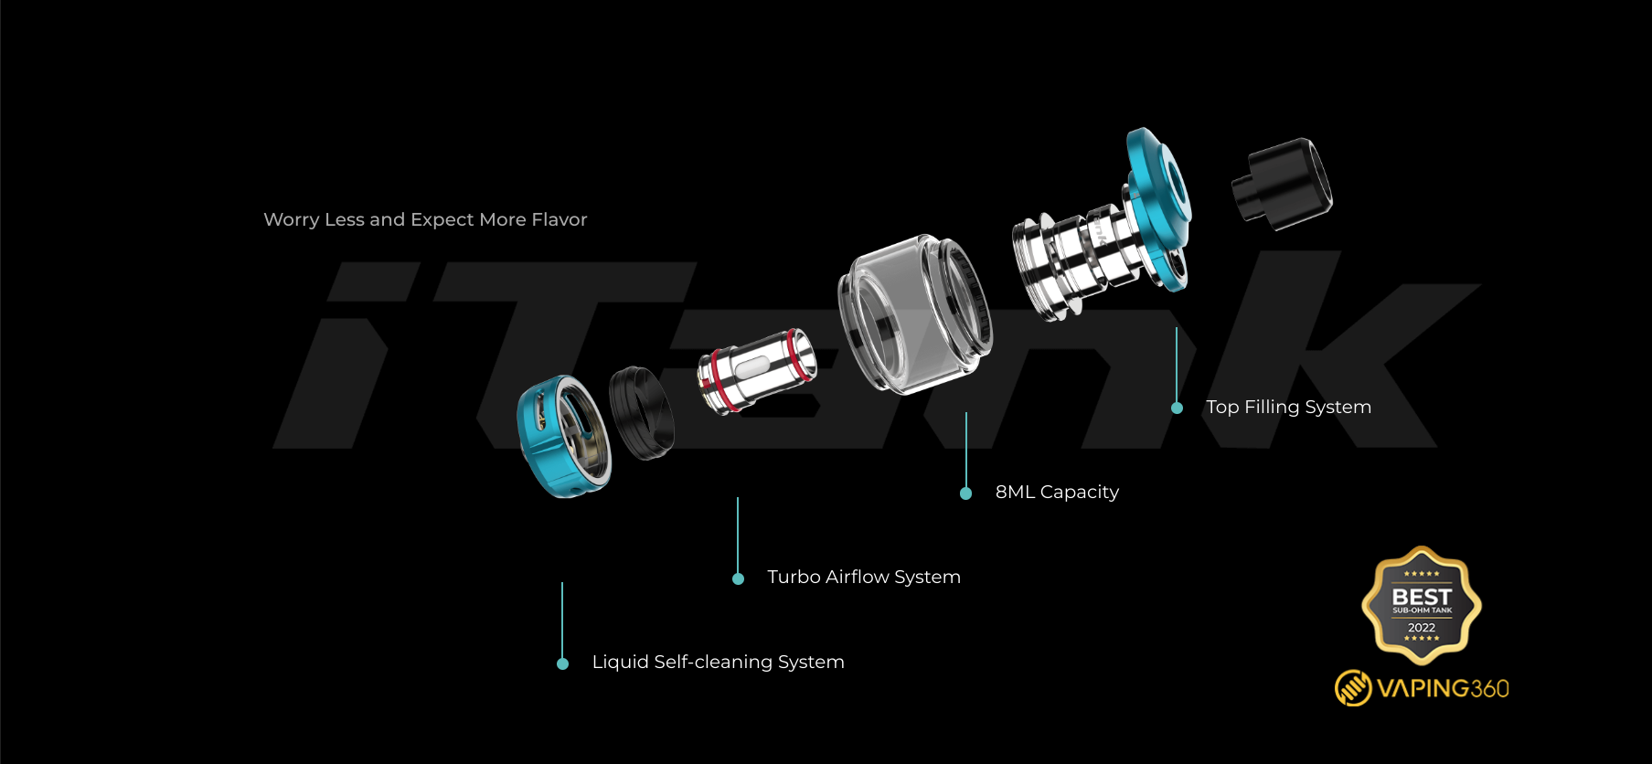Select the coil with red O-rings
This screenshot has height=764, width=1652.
pyautogui.click(x=756, y=371)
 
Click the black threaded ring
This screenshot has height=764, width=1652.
pyautogui.click(x=642, y=413)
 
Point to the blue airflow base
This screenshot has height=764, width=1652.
pyautogui.click(x=562, y=437)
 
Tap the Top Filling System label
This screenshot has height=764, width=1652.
pyautogui.click(x=1288, y=408)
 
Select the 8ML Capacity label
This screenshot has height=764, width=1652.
pyautogui.click(x=1057, y=493)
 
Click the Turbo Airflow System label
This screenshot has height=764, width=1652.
pyautogui.click(x=864, y=578)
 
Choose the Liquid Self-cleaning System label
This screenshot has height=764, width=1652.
pyautogui.click(x=718, y=663)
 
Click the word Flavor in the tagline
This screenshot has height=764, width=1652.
pyautogui.click(x=559, y=220)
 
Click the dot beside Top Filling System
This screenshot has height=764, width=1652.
pyautogui.click(x=1178, y=409)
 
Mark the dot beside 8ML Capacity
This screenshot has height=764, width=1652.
pyautogui.click(x=966, y=493)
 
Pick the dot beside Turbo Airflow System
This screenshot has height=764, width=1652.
pyautogui.click(x=739, y=578)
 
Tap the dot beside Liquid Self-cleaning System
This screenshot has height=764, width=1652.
pyautogui.click(x=563, y=663)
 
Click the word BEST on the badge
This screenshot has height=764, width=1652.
pyautogui.click(x=1422, y=596)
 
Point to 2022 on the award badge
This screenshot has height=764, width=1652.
pyautogui.click(x=1422, y=628)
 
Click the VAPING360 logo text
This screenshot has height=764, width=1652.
pyautogui.click(x=1443, y=688)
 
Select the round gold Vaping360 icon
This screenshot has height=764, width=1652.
pyautogui.click(x=1353, y=688)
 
